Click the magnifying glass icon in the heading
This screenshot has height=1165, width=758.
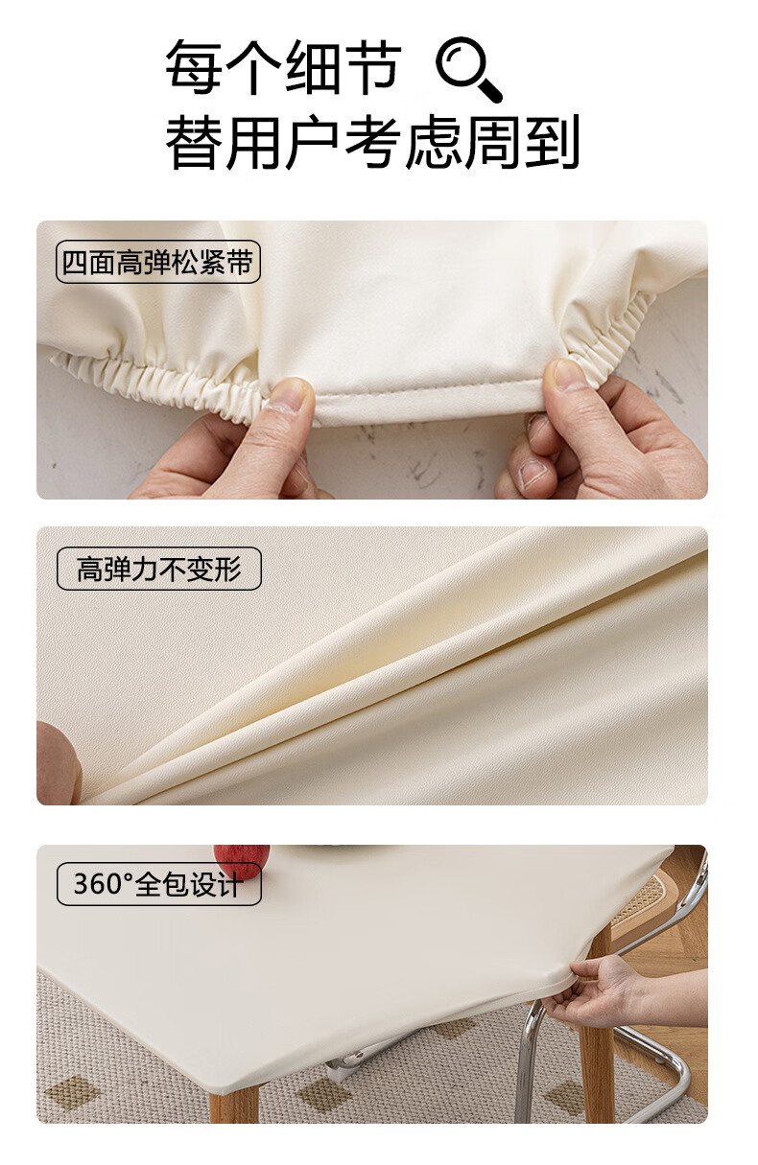coord(467,69)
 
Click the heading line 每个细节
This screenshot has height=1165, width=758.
coord(284,68)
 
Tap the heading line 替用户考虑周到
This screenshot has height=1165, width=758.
coord(372,142)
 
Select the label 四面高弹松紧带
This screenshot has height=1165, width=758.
coord(157,262)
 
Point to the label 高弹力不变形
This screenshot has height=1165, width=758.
coord(158,569)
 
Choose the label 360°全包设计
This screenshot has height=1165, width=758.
coord(158,884)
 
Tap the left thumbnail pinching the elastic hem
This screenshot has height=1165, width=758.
coord(289,395)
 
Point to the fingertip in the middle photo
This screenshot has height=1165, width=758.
coord(58,763)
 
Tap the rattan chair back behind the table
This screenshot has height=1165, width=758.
coord(639,906)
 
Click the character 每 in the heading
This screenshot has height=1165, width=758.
coord(194,68)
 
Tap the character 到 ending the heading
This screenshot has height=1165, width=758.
coord(553,142)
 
